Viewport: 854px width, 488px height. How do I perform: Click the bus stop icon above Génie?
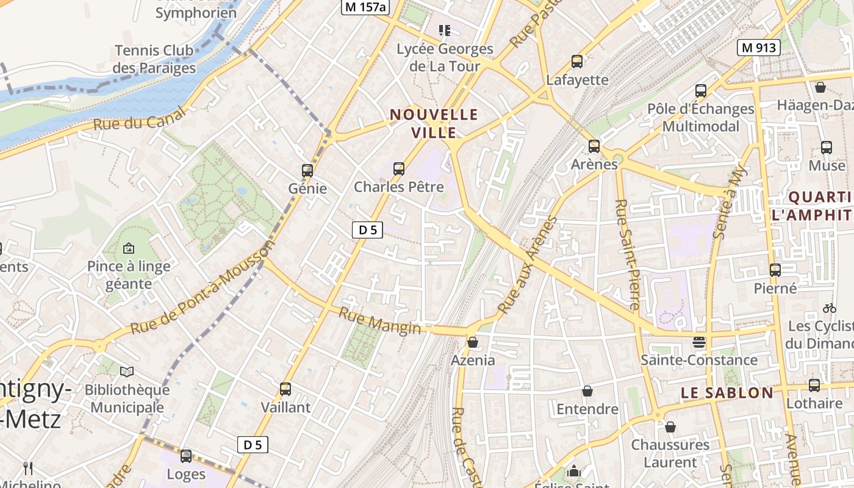307,170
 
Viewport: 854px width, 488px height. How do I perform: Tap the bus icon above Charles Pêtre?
399,168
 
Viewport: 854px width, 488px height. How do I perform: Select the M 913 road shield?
759,48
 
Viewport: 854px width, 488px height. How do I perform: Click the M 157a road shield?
365,7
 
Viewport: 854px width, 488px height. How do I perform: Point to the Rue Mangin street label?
379,320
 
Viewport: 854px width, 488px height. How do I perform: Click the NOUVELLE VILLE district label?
434,123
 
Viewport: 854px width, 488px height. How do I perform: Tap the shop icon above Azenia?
473,342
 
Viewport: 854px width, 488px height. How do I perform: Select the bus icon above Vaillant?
285,389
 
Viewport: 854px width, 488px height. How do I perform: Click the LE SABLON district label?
727,393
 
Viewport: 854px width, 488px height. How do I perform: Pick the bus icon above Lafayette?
577,62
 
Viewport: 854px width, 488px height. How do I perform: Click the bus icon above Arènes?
594,146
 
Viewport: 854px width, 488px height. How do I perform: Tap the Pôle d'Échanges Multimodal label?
701,117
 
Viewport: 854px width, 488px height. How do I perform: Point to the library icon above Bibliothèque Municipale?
127,371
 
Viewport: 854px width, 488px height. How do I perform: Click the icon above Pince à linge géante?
129,248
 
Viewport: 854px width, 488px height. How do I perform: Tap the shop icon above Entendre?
587,390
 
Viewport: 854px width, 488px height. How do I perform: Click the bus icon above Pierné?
775,270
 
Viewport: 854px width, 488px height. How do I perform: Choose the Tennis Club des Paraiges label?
154,59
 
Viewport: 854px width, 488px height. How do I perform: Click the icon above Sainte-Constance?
699,342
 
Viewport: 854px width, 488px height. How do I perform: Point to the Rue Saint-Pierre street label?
627,254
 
